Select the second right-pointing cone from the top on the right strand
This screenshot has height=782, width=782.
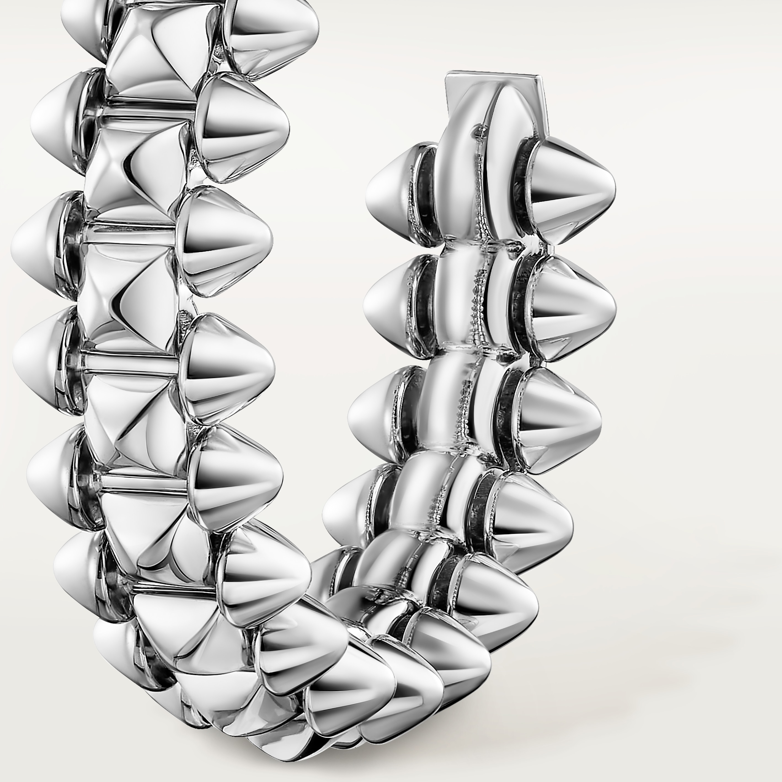tap(575, 310)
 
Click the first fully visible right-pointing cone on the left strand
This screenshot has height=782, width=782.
tap(243, 126)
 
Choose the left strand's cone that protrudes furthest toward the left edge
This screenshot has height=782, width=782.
tap(36, 243)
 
